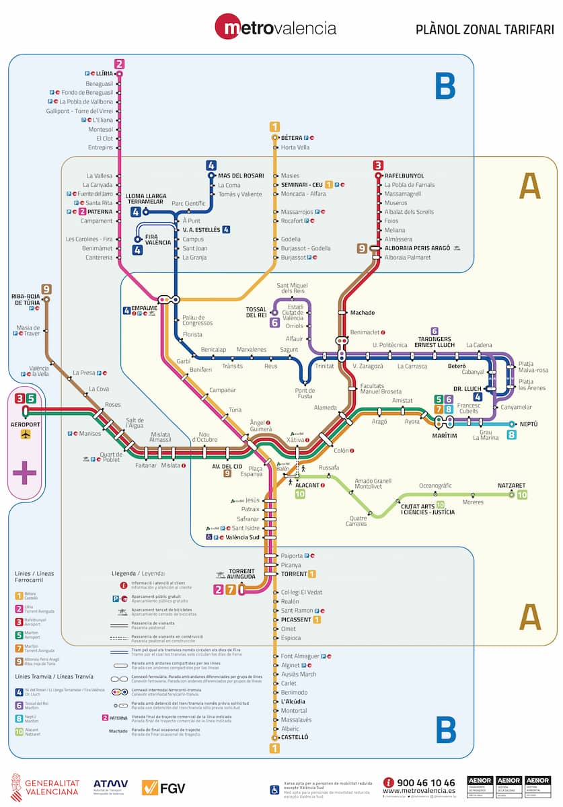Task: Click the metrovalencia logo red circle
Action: pos(229,28)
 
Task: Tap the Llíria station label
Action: pos(104,73)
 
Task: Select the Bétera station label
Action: pos(291,138)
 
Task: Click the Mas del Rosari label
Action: pos(241,176)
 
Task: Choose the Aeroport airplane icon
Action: pos(26,434)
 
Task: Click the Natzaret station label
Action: pos(511,485)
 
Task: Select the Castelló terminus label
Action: pos(295,737)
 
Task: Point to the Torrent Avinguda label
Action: pos(241,574)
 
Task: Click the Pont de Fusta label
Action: pos(305,393)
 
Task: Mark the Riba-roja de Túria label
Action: pos(26,299)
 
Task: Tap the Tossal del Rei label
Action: pos(257,311)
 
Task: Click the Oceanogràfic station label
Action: pos(435,486)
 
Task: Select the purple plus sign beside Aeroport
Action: pos(25,473)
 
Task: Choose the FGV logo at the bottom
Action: pos(163,787)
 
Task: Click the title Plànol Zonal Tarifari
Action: pos(484,29)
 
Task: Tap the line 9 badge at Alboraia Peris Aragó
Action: pos(363,248)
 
